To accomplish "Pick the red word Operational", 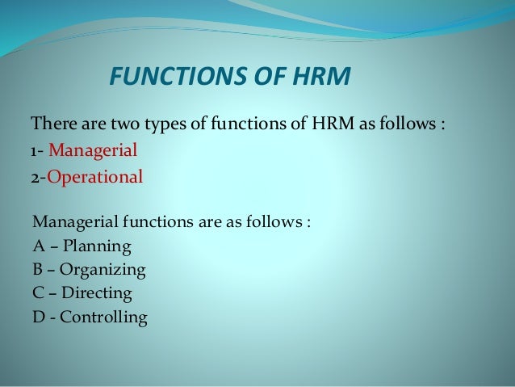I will [95, 176].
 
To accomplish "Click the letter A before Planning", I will [38, 246].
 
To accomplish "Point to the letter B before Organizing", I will [37, 269].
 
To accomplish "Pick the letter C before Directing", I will [38, 292].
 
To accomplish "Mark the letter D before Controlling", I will [38, 317].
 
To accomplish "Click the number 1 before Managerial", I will [33, 151].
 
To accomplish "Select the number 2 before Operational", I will [35, 176].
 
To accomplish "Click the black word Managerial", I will [73, 222].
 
